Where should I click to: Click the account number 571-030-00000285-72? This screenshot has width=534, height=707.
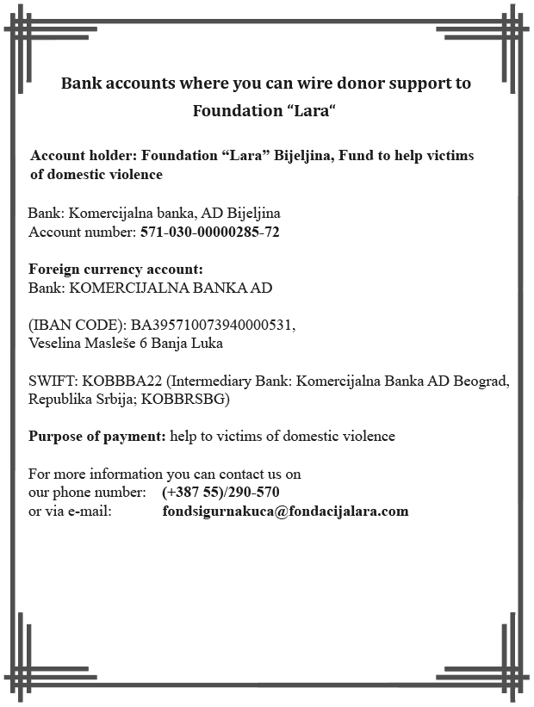pyautogui.click(x=209, y=233)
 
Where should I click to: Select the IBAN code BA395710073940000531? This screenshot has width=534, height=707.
pyautogui.click(x=213, y=326)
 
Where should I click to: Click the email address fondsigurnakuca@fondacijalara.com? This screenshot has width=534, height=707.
pyautogui.click(x=285, y=512)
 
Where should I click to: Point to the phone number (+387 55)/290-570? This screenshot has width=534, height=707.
pyautogui.click(x=220, y=493)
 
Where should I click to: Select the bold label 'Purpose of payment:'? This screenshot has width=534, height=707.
pyautogui.click(x=96, y=436)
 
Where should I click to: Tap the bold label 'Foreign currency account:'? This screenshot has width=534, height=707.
pyautogui.click(x=115, y=270)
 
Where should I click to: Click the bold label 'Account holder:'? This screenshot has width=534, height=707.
pyautogui.click(x=84, y=157)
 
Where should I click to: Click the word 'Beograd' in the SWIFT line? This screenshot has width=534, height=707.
pyautogui.click(x=483, y=381)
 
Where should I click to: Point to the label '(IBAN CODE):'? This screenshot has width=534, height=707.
pyautogui.click(x=77, y=326)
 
